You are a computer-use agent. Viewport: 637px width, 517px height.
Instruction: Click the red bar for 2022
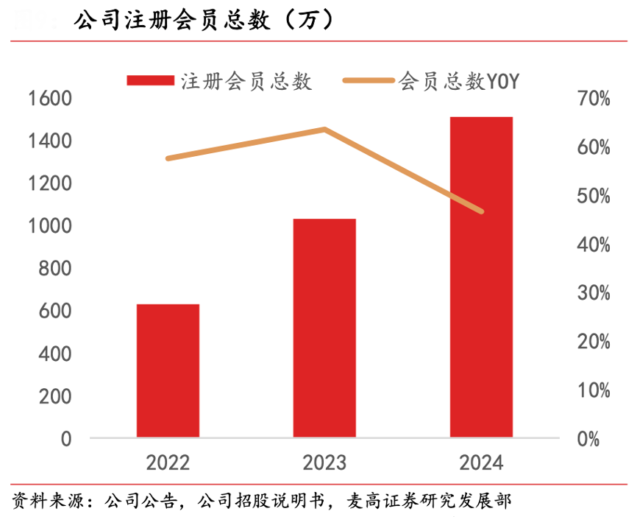[168, 370]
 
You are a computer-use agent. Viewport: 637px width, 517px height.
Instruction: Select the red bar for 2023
[324, 328]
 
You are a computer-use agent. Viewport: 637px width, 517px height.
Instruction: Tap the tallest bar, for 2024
[481, 277]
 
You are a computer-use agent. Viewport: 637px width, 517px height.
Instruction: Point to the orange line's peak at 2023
[324, 130]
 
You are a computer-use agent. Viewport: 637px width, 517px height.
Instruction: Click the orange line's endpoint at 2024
[481, 211]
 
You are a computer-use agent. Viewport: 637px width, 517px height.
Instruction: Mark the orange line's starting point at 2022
[168, 158]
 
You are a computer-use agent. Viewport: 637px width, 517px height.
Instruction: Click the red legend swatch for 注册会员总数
[150, 80]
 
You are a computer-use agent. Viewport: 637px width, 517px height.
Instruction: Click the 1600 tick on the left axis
[50, 98]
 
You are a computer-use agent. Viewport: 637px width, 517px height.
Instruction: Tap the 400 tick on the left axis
[55, 354]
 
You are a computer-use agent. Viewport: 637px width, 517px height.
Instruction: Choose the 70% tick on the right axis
[593, 99]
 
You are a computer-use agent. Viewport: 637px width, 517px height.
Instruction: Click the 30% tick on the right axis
[593, 293]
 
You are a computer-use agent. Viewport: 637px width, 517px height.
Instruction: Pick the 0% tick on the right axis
[588, 439]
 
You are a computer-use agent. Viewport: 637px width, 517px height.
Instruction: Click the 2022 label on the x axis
[168, 463]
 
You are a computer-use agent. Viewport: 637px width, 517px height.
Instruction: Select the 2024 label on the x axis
[481, 463]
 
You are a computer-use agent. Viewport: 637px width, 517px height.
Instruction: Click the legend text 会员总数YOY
[460, 80]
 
